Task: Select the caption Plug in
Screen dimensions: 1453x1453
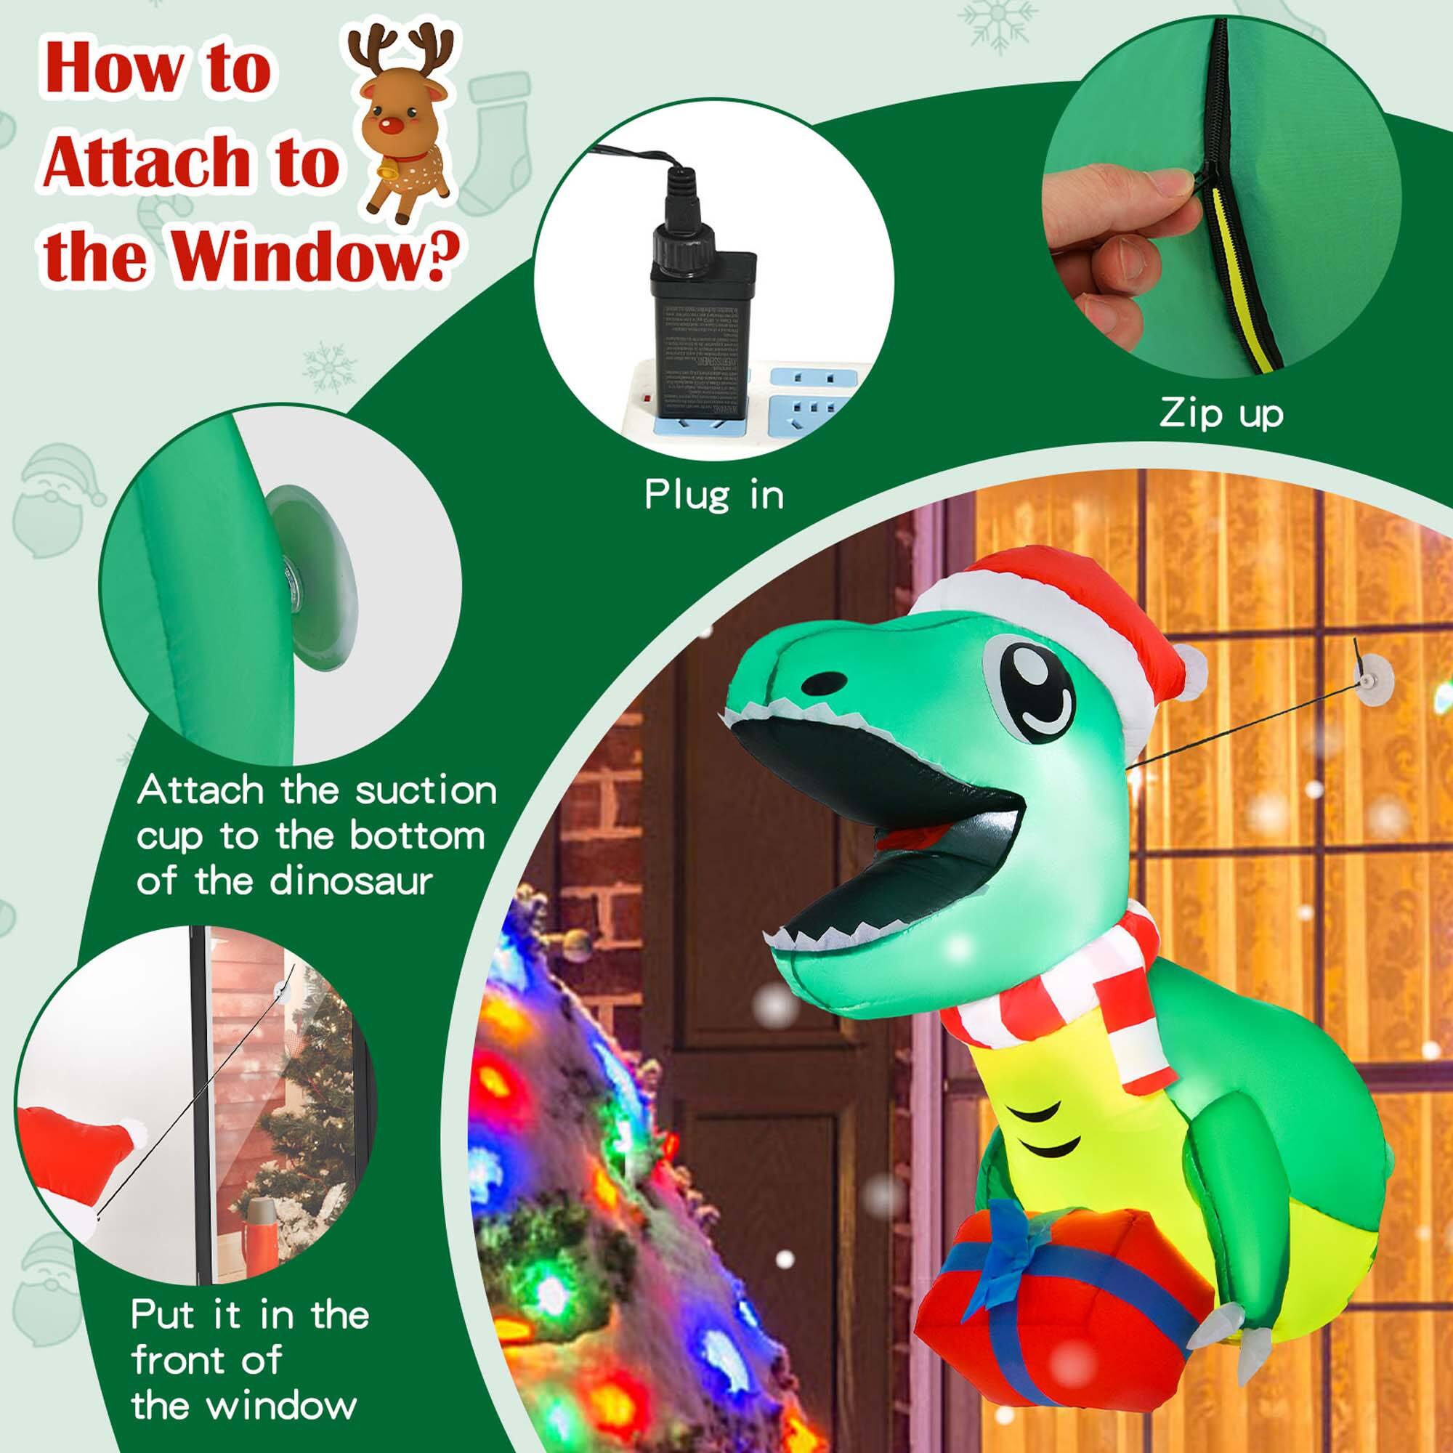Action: (x=713, y=495)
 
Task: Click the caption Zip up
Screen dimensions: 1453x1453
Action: (x=1221, y=413)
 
